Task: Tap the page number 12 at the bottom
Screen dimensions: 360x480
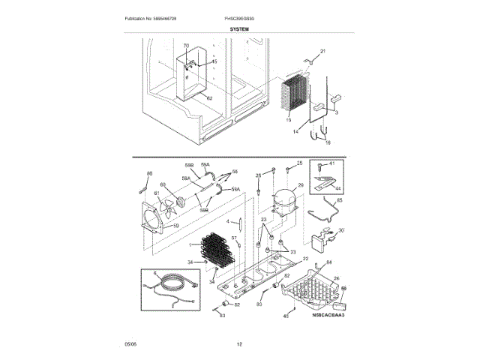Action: point(239,344)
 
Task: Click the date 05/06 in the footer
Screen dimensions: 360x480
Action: point(130,344)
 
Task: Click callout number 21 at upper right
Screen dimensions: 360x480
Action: point(323,50)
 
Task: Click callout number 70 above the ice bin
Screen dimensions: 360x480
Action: point(187,47)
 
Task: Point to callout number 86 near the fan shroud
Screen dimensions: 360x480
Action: point(149,173)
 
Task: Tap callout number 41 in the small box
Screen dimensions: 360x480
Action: point(332,163)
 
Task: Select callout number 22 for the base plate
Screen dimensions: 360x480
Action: point(305,259)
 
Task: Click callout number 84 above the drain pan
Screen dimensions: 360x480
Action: point(328,263)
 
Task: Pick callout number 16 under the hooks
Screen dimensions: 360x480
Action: point(327,141)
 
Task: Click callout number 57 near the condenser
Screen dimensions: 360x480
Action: point(234,238)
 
